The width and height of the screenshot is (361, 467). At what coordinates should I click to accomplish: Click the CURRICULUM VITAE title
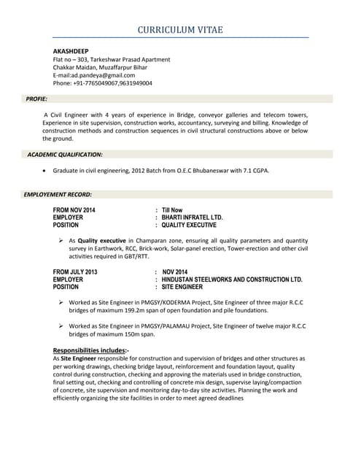(180, 29)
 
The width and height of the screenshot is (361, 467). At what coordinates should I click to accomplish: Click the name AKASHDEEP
(70, 51)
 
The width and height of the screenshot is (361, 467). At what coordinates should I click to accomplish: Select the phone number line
(102, 83)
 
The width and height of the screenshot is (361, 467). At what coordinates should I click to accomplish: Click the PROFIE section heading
(36, 99)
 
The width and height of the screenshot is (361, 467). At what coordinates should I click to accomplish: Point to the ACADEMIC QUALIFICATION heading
(65, 155)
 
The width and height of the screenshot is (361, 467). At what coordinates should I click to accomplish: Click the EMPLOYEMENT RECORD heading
(58, 195)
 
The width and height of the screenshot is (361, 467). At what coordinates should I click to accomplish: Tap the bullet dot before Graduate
(47, 171)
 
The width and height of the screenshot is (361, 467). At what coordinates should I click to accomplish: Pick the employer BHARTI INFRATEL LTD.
(193, 217)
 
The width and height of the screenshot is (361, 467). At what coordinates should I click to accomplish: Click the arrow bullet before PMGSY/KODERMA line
(61, 302)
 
